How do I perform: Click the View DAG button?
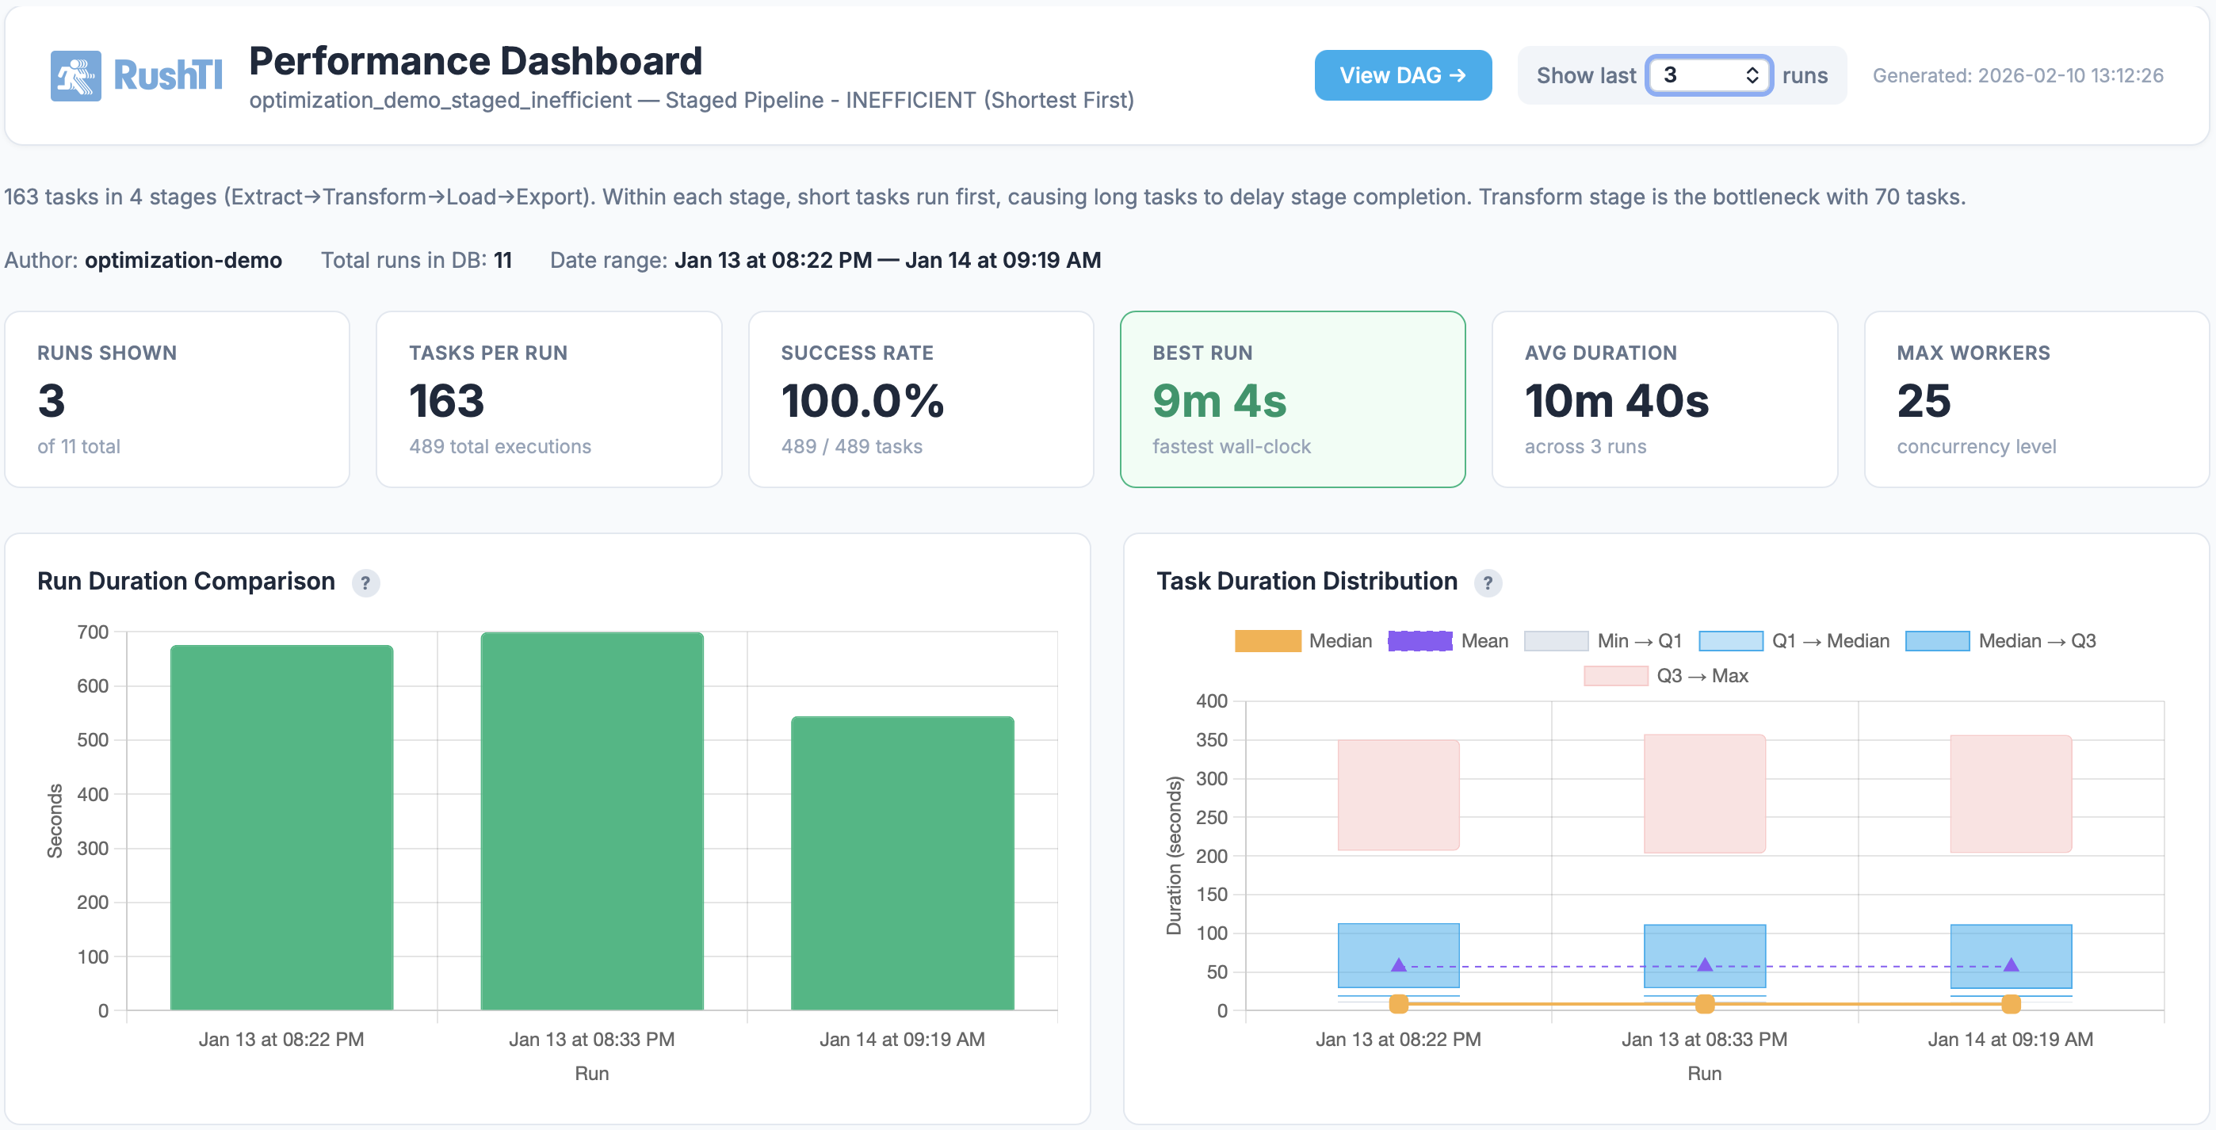click(x=1402, y=76)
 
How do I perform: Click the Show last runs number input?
click(x=1700, y=76)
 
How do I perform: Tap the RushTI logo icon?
click(x=76, y=76)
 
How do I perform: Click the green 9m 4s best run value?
click(x=1219, y=402)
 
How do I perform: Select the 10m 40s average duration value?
click(x=1616, y=402)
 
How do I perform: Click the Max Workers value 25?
click(x=1924, y=402)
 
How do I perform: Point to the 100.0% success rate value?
click(x=862, y=402)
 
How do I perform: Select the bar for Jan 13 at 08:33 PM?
click(x=592, y=821)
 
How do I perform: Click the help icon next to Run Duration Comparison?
click(x=365, y=583)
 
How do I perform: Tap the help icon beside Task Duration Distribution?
click(x=1488, y=583)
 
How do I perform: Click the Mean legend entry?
click(x=1449, y=641)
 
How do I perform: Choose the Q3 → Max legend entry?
click(x=1665, y=676)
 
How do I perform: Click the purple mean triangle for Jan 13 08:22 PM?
click(x=1399, y=965)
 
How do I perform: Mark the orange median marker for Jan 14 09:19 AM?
click(x=2011, y=1003)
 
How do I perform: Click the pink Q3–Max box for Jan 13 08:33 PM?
click(x=1704, y=793)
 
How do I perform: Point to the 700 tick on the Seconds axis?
click(x=93, y=632)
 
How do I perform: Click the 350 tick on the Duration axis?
click(x=1211, y=739)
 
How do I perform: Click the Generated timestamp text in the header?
click(x=2017, y=76)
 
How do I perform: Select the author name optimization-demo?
click(x=183, y=261)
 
